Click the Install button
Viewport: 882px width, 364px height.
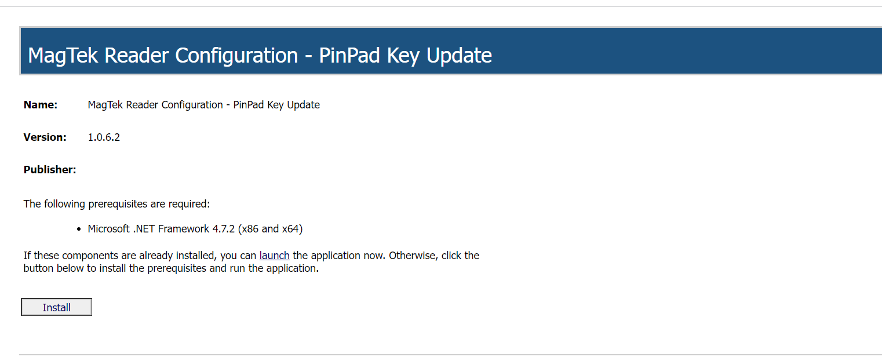(x=56, y=307)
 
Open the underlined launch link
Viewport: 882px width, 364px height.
(x=274, y=255)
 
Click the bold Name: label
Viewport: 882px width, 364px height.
(x=41, y=105)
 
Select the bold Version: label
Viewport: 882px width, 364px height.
(x=45, y=137)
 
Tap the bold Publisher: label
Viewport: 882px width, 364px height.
(x=50, y=170)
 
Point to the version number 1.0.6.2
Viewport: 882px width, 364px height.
(x=104, y=137)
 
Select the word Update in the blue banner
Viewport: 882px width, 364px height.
(x=459, y=56)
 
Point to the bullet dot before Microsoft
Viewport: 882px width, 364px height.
(x=79, y=230)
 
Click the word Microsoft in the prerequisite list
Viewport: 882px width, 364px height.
(x=109, y=229)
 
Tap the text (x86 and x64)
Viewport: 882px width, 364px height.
(x=272, y=229)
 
